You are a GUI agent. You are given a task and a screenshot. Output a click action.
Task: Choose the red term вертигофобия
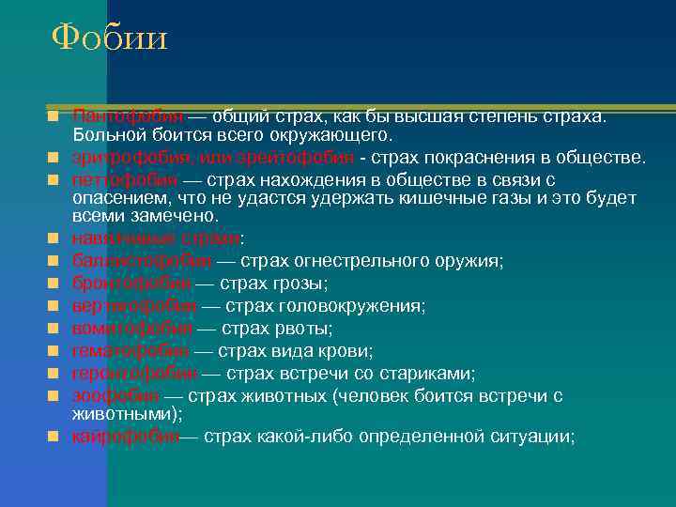point(134,306)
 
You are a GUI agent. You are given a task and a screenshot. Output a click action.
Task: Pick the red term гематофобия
point(131,351)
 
